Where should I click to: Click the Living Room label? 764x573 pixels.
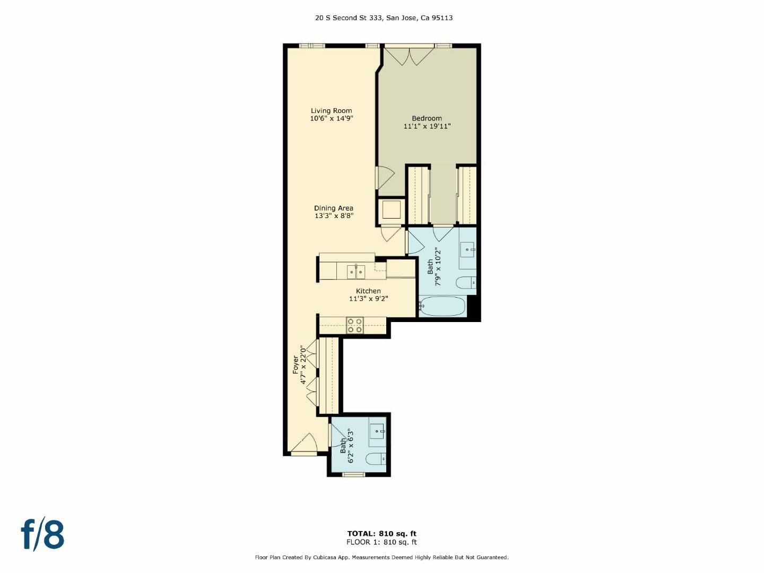coord(331,111)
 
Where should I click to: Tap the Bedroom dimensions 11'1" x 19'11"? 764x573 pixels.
coord(427,126)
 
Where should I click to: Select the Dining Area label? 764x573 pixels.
coord(333,208)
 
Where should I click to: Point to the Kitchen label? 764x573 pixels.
coord(368,291)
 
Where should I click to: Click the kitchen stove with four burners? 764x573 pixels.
coord(355,325)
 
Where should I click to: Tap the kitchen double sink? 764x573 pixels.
coord(355,272)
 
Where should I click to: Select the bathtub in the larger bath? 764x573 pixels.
coord(442,306)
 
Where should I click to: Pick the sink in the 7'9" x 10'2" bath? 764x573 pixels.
coord(467,249)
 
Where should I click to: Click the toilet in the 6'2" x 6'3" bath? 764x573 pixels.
coord(376,459)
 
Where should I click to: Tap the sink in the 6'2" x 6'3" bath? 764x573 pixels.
coord(377,431)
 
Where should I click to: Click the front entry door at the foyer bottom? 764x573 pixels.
coord(303,446)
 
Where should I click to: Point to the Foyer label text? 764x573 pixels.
coord(296,364)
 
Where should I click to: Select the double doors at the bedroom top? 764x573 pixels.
coord(409,56)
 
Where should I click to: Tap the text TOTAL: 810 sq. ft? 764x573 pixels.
coord(381,534)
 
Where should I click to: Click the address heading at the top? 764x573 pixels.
coord(384,18)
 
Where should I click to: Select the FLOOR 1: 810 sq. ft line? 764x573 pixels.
coord(381,542)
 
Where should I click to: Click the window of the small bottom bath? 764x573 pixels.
coord(353,474)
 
